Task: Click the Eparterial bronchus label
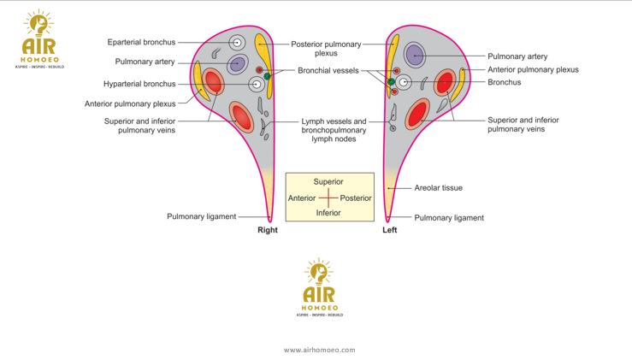tap(141, 42)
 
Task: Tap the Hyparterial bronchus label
tap(139, 84)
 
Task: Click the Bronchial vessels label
tap(328, 70)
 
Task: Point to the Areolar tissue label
tap(438, 187)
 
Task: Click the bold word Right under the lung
tap(268, 230)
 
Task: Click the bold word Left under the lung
tap(389, 230)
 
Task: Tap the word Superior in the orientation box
tap(328, 182)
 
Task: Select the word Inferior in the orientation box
tap(328, 213)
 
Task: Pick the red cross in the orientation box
tap(328, 198)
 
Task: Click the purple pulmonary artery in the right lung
tap(237, 64)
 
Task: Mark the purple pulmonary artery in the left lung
tap(415, 56)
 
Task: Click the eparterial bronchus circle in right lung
tap(238, 43)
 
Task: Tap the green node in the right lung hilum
tap(267, 77)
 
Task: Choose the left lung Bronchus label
tap(504, 83)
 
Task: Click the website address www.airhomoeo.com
tap(319, 349)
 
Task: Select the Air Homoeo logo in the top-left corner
tap(38, 38)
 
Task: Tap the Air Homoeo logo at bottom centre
tap(320, 288)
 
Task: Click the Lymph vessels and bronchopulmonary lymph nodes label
tap(334, 130)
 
